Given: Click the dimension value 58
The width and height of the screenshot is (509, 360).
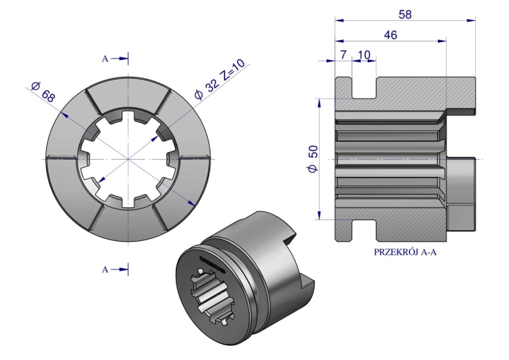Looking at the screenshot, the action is click(x=404, y=14).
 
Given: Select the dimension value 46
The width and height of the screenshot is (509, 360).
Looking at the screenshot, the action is click(x=390, y=35).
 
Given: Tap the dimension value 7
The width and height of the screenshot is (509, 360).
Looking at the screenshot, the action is click(x=343, y=54).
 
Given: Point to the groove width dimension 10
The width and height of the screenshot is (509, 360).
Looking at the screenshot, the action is click(x=364, y=54).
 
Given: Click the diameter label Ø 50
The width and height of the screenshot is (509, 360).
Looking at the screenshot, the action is click(x=314, y=159).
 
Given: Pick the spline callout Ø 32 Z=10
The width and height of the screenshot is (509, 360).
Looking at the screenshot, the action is click(x=219, y=79).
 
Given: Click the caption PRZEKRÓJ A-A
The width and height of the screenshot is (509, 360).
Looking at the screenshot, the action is click(x=405, y=252).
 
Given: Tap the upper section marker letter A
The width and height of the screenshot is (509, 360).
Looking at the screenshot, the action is click(x=105, y=59).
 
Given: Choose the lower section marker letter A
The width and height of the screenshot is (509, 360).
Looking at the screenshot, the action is click(x=105, y=270).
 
